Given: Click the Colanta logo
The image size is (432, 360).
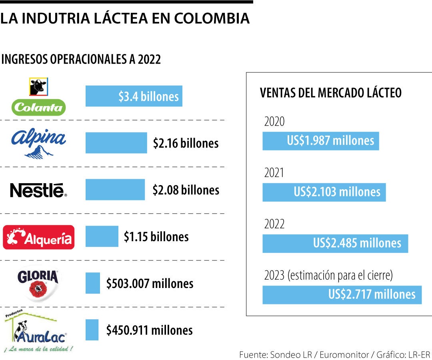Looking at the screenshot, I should click(39, 97).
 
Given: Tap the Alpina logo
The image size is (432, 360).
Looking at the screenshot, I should click(39, 143).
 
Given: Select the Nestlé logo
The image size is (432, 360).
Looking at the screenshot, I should click(38, 190).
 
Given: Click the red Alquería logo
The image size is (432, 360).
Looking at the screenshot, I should click(39, 237).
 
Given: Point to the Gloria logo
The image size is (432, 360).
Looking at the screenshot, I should click(38, 283).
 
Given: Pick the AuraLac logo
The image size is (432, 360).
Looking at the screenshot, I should click(38, 330).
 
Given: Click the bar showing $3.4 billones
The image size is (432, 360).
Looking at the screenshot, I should click(134, 96).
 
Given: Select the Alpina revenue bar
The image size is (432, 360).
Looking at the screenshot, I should click(116, 143).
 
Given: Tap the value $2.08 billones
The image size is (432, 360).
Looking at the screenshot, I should click(186, 190).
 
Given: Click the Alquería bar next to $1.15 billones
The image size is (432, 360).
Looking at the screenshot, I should click(102, 236).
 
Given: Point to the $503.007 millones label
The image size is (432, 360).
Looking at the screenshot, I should click(150, 284).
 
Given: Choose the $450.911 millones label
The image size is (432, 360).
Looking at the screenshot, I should click(149, 330).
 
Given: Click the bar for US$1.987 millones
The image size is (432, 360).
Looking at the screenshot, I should click(320, 141).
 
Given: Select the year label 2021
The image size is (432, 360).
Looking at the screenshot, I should click(274, 173).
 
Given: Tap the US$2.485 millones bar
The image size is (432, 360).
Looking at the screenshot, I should click(335, 243).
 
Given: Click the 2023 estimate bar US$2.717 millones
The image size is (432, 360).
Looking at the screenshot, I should click(342, 295).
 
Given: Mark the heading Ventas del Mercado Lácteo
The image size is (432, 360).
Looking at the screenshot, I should click(330, 93).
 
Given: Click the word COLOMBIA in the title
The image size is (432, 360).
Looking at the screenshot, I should click(212, 18).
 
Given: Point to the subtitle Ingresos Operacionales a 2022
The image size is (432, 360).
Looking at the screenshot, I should click(81, 59).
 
